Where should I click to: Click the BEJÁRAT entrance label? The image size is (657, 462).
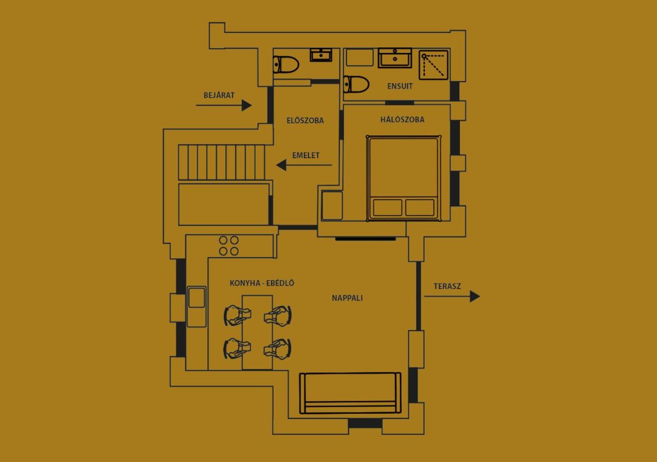click(219, 95)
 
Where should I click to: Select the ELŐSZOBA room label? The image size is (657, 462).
click(305, 120)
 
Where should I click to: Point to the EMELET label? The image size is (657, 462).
click(306, 155)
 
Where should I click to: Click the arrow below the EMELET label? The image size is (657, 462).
click(304, 165)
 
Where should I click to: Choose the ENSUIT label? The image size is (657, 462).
click(400, 86)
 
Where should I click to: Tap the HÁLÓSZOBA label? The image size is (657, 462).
click(402, 120)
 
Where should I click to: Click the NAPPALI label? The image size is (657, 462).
click(347, 298)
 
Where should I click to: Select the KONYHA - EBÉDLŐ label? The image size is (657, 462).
click(262, 283)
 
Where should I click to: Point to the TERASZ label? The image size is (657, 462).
click(447, 286)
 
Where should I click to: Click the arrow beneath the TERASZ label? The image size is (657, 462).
click(452, 297)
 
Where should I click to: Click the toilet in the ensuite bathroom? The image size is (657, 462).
click(356, 84)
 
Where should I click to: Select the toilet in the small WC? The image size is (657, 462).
click(286, 65)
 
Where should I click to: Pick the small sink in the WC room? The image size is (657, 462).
click(321, 55)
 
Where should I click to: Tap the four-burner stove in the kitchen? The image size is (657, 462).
click(229, 245)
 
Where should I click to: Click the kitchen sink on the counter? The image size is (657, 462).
click(196, 297)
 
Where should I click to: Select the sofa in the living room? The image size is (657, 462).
click(350, 393)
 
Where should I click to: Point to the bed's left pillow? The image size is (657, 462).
click(388, 207)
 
